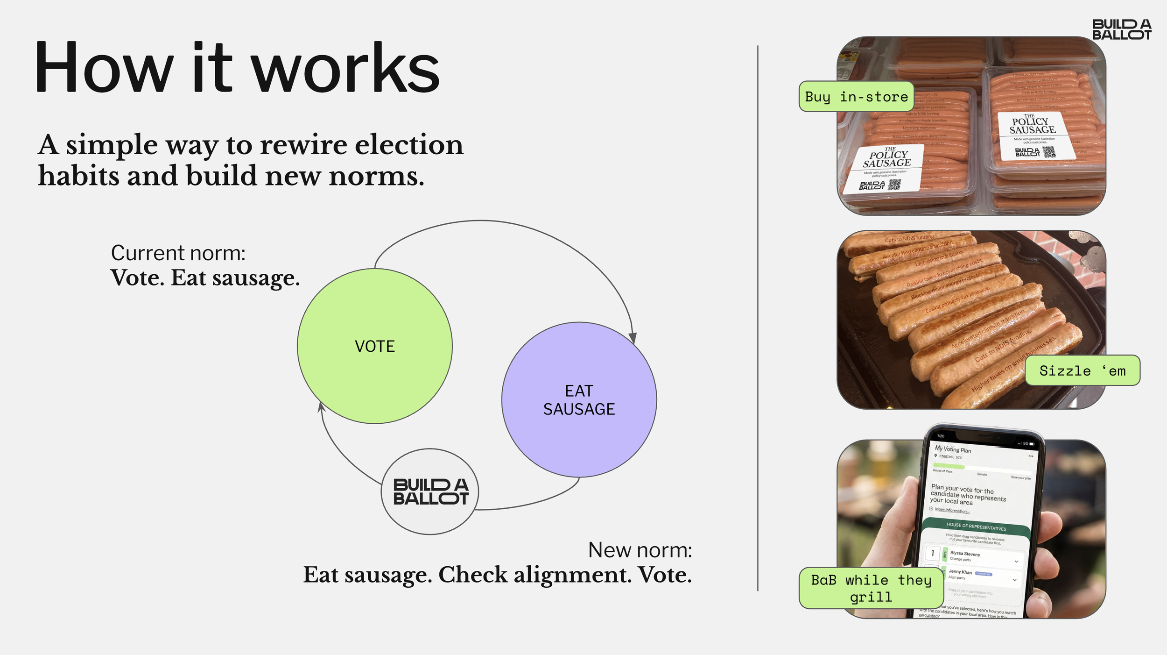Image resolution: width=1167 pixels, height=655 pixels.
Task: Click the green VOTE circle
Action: (x=374, y=346)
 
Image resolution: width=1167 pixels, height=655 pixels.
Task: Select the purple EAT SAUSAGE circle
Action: (x=579, y=399)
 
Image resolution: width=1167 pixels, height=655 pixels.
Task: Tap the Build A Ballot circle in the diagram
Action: (x=430, y=491)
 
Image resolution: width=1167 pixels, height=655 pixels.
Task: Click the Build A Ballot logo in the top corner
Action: (x=1121, y=29)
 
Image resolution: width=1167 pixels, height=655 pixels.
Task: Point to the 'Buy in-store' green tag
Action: (x=856, y=97)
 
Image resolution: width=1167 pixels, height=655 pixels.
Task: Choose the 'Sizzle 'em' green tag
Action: (x=1082, y=370)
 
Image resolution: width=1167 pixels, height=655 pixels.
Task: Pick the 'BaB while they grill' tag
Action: (x=871, y=588)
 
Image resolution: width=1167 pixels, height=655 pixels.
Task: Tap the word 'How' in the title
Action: (x=104, y=68)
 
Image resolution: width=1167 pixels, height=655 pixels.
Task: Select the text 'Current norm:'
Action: (x=178, y=253)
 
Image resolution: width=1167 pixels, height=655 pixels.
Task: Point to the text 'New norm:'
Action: (x=640, y=550)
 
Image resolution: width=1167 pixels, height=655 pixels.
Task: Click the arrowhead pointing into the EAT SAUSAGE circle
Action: (x=633, y=338)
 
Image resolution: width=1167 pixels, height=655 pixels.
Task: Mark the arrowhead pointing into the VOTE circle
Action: (x=321, y=407)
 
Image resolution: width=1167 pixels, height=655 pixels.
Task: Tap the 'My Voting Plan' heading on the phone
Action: (x=953, y=449)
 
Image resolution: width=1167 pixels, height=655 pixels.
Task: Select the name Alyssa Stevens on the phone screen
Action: (x=965, y=554)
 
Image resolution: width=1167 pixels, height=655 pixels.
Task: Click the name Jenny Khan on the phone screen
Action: (x=960, y=572)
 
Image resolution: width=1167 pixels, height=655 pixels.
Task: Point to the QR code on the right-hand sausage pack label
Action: (x=1049, y=152)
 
